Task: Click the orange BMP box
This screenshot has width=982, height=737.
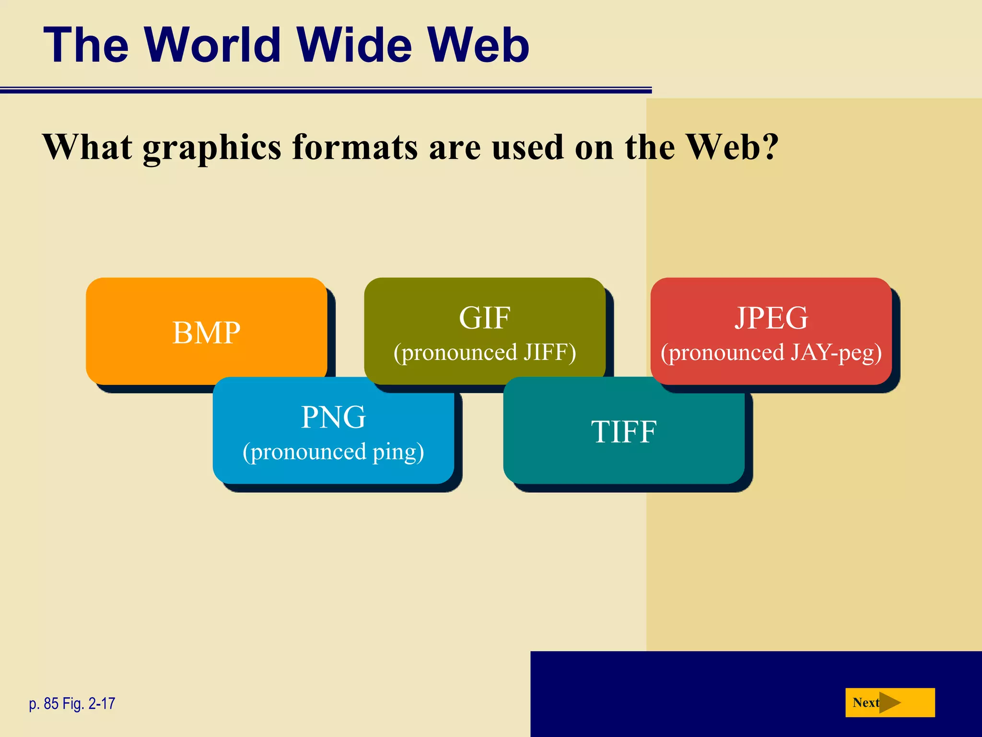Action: click(206, 331)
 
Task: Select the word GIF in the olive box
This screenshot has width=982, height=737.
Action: click(484, 318)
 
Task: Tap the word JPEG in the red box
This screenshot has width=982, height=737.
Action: click(771, 318)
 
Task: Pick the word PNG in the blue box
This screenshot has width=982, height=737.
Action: click(333, 417)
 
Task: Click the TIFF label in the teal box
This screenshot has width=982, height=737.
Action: click(623, 431)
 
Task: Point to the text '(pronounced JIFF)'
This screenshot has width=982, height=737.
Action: click(484, 353)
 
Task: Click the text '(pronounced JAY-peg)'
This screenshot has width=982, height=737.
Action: click(771, 353)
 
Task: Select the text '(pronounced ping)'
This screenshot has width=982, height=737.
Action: click(333, 452)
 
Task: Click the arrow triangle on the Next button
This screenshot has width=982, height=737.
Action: click(889, 702)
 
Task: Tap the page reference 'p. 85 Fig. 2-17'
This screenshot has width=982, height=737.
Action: click(72, 703)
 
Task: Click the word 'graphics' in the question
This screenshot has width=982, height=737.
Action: click(212, 147)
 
